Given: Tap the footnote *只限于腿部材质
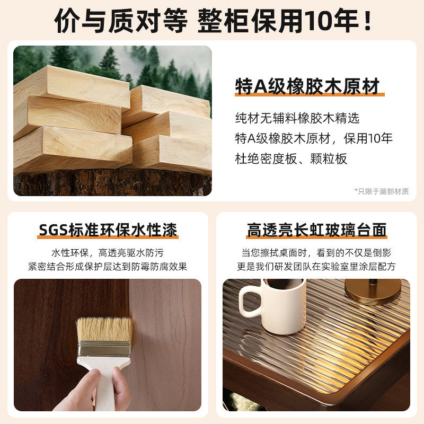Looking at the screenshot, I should pos(381,191).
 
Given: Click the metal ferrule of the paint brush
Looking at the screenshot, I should pos(104,349).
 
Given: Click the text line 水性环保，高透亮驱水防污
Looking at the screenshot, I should pos(108,253).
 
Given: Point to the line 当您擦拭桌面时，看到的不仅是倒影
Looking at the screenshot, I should pos(316,253).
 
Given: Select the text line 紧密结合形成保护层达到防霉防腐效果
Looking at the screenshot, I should pos(108,267).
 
